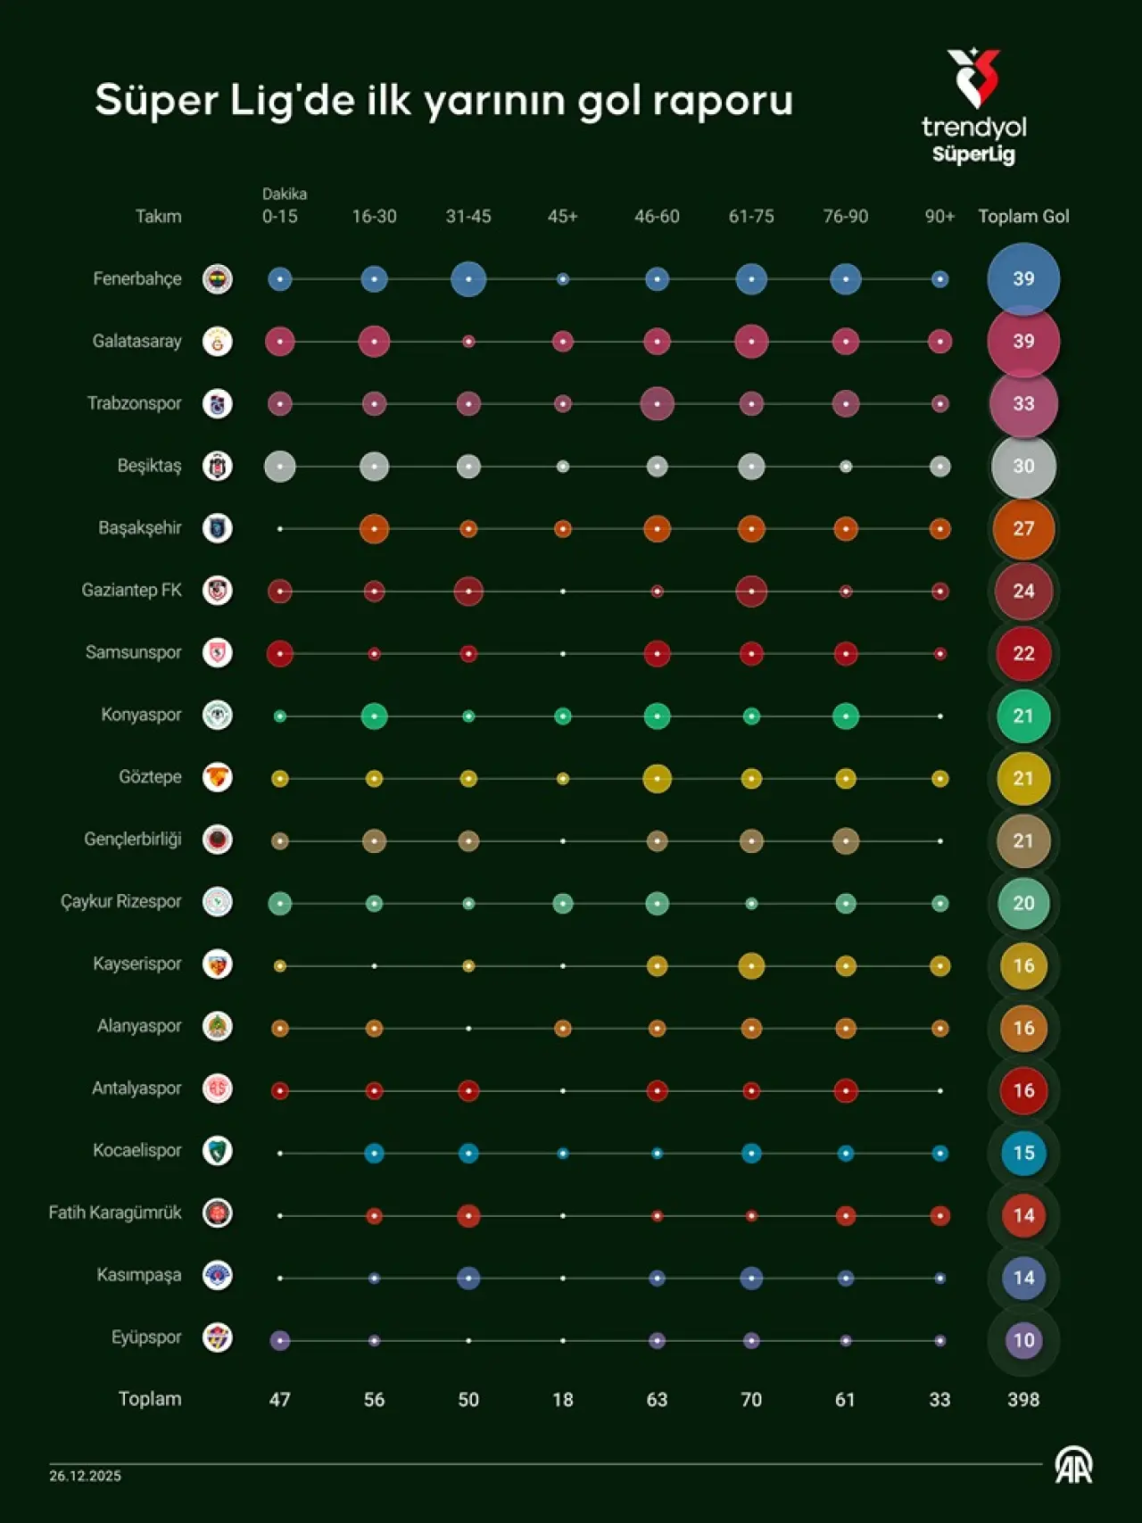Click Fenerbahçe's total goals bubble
1023,279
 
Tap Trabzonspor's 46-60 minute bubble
657,404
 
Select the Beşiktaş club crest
218,466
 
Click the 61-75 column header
751,217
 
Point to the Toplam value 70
751,1400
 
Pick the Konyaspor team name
141,715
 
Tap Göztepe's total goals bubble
1023,779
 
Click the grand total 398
1023,1400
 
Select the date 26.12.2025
86,1476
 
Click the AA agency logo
1073,1466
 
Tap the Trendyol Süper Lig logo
974,107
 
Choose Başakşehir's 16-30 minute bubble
374,529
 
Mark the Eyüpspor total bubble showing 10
1023,1340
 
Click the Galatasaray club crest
218,342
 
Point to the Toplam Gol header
1023,217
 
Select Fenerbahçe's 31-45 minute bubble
468,279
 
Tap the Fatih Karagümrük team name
115,1213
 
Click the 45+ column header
562,217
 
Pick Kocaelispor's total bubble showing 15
1023,1153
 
